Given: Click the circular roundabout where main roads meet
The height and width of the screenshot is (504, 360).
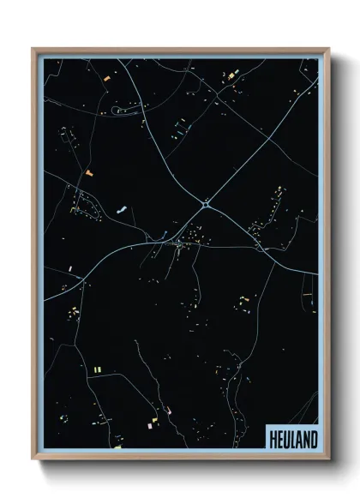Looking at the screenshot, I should (207, 203).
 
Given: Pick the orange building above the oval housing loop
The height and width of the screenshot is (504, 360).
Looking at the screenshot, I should (87, 175).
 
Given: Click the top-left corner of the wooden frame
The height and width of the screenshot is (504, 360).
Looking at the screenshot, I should (33, 48).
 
